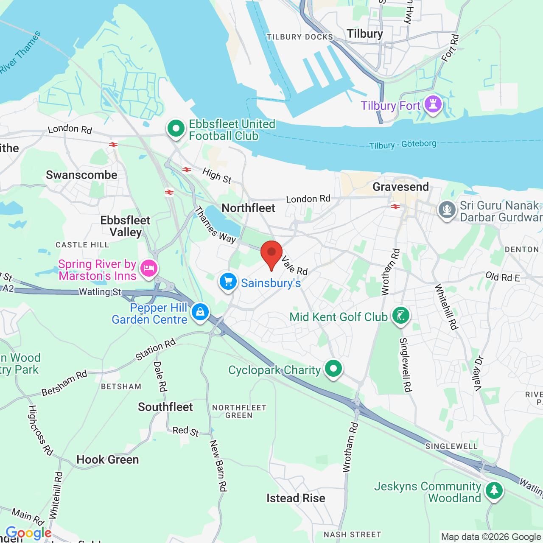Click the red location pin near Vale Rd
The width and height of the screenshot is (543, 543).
coord(271,254)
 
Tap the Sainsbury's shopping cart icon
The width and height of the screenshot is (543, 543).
coord(228,281)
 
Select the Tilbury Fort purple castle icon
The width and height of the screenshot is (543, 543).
coord(433,104)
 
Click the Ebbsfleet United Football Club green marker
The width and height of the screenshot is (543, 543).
coord(176,128)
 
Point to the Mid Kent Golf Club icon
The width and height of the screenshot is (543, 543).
coord(400,315)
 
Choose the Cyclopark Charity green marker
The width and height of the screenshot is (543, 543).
coord(333,368)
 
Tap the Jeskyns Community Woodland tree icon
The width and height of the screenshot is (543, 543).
coord(494,490)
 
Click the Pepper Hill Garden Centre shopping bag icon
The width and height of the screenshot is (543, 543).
coord(200,312)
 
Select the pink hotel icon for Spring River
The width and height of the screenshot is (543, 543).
coord(148,268)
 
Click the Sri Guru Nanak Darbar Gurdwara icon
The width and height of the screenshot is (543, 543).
coord(447,209)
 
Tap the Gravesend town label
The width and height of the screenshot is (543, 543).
coord(400,187)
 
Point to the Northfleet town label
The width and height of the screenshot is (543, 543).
coord(249,208)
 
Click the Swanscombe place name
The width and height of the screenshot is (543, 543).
coord(81,175)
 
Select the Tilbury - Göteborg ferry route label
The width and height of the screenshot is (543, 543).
coord(402,145)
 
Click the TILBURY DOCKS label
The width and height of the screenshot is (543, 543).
coord(300,37)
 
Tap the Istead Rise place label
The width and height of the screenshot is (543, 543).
coord(296,498)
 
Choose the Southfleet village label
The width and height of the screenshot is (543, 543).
coord(165,407)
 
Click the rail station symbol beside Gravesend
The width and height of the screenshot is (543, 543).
coord(395,207)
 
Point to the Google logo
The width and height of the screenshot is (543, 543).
coord(28,533)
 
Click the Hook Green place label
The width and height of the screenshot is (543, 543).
coord(108,459)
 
